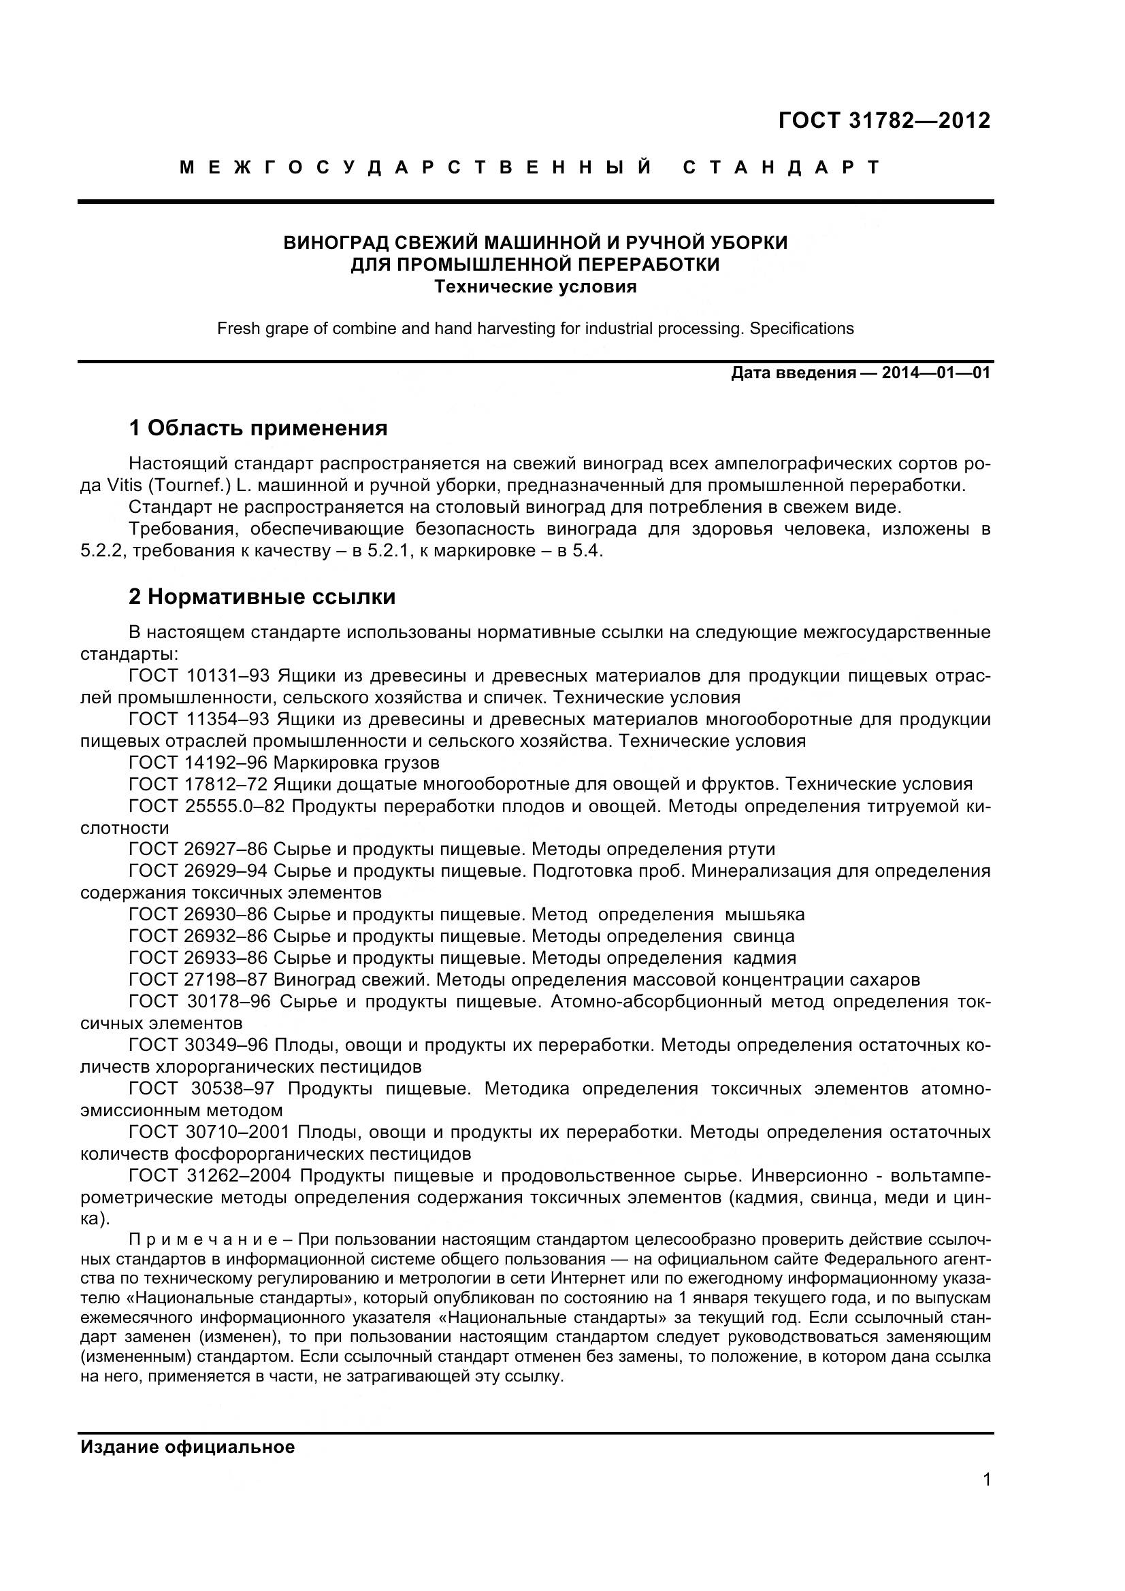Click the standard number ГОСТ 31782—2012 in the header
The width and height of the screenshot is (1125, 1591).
click(885, 120)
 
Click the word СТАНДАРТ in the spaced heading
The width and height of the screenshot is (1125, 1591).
click(781, 168)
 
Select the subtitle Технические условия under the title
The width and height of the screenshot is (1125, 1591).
click(535, 286)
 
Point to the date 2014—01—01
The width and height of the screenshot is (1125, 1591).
click(935, 373)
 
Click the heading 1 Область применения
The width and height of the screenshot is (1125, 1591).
click(258, 429)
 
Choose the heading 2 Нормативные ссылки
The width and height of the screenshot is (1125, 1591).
click(262, 597)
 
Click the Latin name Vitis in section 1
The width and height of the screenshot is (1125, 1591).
click(124, 485)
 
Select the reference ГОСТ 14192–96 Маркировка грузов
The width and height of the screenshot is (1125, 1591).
click(284, 763)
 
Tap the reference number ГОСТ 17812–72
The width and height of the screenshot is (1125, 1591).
click(198, 784)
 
